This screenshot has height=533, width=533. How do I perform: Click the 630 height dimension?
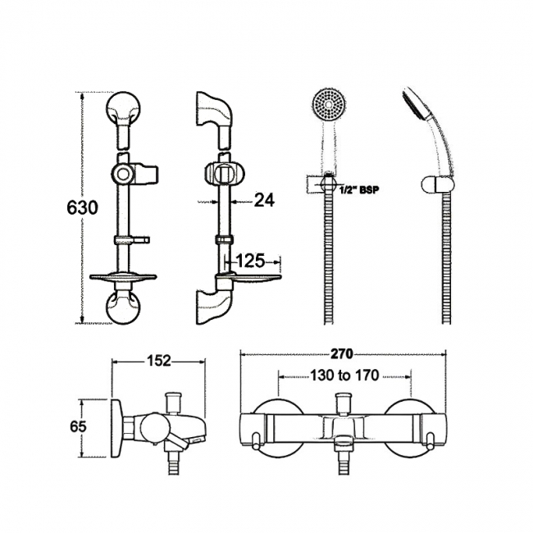(82, 207)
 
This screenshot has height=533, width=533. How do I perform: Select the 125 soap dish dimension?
(249, 262)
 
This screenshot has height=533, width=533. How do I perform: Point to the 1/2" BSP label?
(359, 189)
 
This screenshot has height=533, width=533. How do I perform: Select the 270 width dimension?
(342, 354)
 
